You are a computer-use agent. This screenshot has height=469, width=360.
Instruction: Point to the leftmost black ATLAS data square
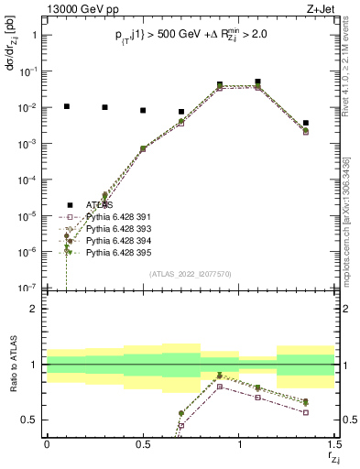[x=66, y=106]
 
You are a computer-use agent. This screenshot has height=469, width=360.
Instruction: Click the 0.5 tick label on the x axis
[x=143, y=445]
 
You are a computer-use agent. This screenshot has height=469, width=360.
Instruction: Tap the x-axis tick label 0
[x=47, y=445]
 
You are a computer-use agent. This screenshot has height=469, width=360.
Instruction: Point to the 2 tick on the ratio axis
[x=35, y=309]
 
